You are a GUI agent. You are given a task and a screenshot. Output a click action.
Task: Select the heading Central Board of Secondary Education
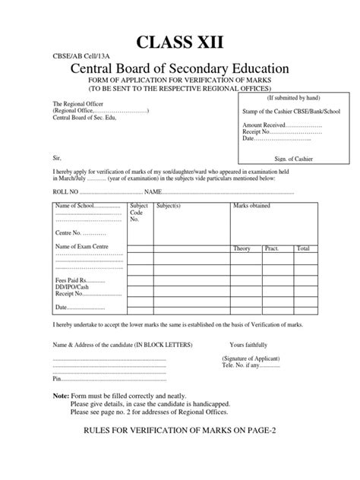point(181,71)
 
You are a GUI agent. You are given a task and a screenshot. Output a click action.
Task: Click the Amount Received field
point(264,124)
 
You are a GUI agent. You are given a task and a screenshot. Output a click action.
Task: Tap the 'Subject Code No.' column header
point(139,213)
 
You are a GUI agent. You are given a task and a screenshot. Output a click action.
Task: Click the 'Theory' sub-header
point(242,248)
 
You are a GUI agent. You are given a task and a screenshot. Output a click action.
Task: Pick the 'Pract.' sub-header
point(272,248)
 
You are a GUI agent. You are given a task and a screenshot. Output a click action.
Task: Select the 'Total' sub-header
point(302,248)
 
